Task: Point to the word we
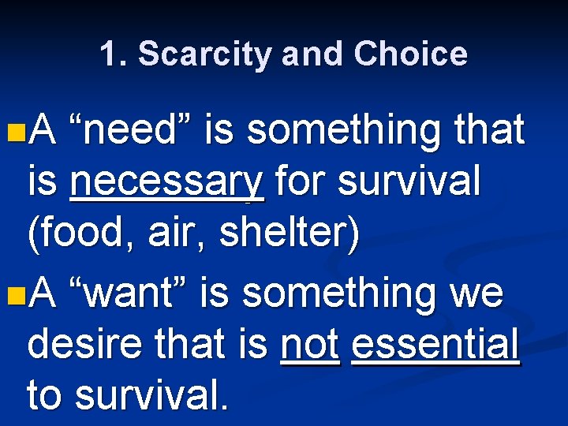[x=476, y=293]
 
